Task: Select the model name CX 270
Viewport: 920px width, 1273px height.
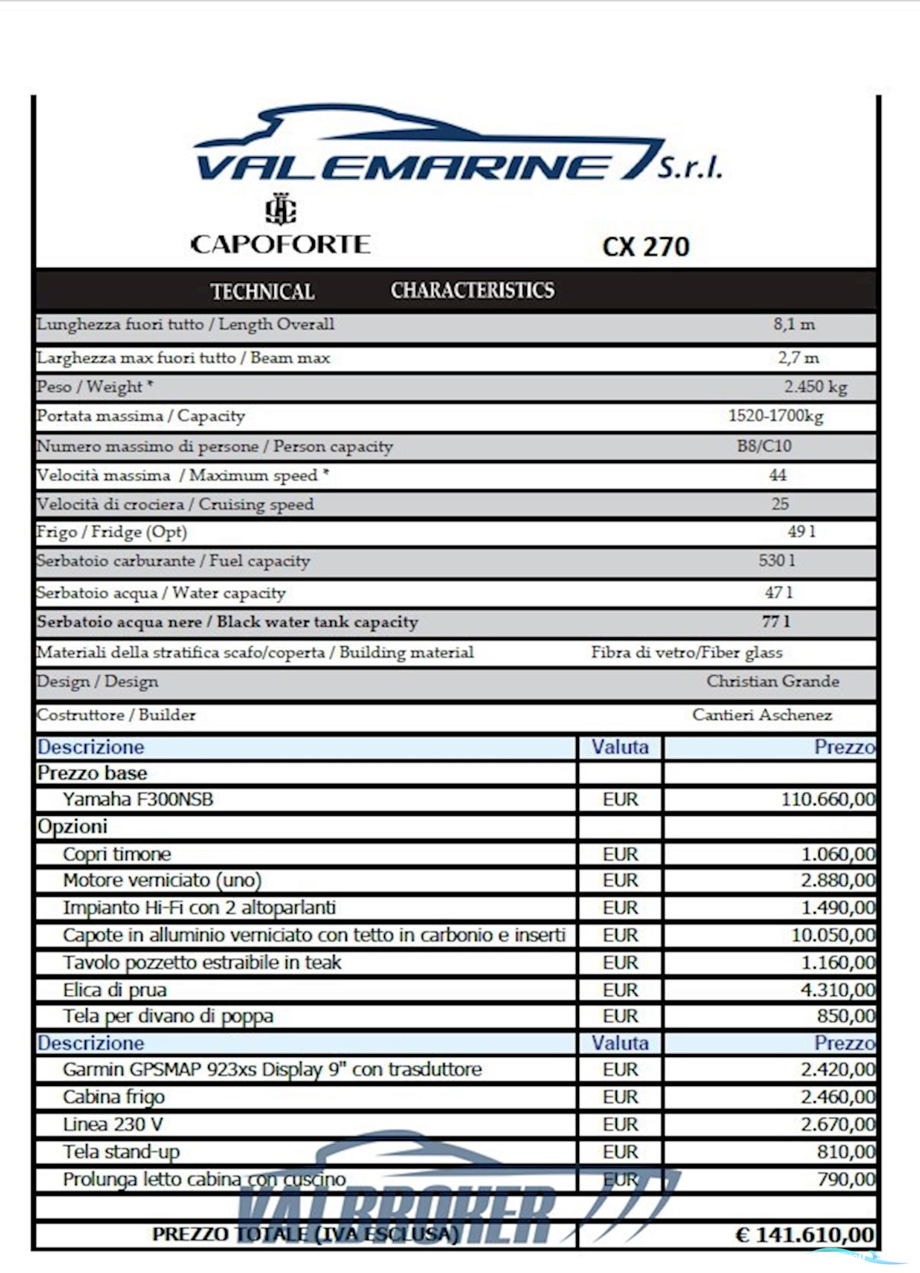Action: [x=646, y=246]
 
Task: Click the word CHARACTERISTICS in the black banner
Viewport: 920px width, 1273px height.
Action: [x=472, y=290]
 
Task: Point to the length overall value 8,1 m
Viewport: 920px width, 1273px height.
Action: [x=794, y=324]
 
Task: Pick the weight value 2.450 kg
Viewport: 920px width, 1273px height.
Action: [x=815, y=387]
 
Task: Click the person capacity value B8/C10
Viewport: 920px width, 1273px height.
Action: [x=764, y=446]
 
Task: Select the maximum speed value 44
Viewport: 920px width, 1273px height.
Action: [x=777, y=475]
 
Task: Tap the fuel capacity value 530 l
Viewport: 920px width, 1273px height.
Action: [x=777, y=560]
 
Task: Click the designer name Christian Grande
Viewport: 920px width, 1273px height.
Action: [x=773, y=681]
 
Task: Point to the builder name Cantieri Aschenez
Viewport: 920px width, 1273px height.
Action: [x=762, y=715]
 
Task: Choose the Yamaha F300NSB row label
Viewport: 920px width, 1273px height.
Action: [x=138, y=799]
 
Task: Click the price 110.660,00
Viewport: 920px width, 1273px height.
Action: [x=828, y=800]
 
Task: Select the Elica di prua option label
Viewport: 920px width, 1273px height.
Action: [x=115, y=990]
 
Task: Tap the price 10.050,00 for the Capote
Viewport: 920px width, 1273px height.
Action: [x=833, y=935]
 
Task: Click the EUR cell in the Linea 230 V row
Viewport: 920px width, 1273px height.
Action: [x=620, y=1124]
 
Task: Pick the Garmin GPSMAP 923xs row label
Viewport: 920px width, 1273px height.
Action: [x=272, y=1069]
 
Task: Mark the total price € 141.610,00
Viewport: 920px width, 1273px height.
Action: [x=804, y=1235]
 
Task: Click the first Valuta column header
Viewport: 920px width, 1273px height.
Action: [x=620, y=747]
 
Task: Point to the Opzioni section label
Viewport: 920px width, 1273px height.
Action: [x=73, y=826]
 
